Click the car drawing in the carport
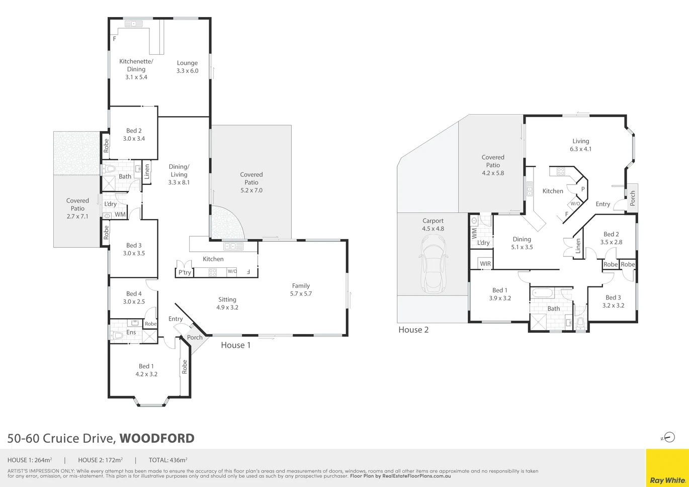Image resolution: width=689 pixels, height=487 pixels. pyautogui.click(x=433, y=264)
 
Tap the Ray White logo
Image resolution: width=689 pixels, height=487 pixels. pyautogui.click(x=667, y=480)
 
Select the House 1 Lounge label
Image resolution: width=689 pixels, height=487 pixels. pyautogui.click(x=187, y=63)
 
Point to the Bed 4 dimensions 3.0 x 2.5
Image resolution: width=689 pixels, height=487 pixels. pyautogui.click(x=134, y=302)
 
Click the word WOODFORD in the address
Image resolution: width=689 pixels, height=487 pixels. pyautogui.click(x=157, y=438)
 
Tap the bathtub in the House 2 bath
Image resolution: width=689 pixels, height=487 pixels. pyautogui.click(x=542, y=293)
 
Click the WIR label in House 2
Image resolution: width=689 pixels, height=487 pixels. pyautogui.click(x=485, y=263)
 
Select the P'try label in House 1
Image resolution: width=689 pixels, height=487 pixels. pyautogui.click(x=185, y=272)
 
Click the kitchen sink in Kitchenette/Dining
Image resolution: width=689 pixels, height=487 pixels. pyautogui.click(x=133, y=24)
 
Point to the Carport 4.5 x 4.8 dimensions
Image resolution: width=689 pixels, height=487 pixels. pyautogui.click(x=433, y=229)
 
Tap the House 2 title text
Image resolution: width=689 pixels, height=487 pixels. pyautogui.click(x=413, y=330)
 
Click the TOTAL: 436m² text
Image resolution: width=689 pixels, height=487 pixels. pyautogui.click(x=168, y=460)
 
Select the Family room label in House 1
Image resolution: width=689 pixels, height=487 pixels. pyautogui.click(x=301, y=285)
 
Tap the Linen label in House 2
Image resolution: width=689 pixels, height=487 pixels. pyautogui.click(x=578, y=246)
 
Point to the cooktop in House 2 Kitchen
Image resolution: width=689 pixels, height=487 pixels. pyautogui.click(x=561, y=171)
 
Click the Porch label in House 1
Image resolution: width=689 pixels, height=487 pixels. pyautogui.click(x=195, y=337)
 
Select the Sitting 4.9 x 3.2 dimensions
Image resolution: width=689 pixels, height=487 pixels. pyautogui.click(x=227, y=307)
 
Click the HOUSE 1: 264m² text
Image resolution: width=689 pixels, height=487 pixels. pyautogui.click(x=30, y=460)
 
